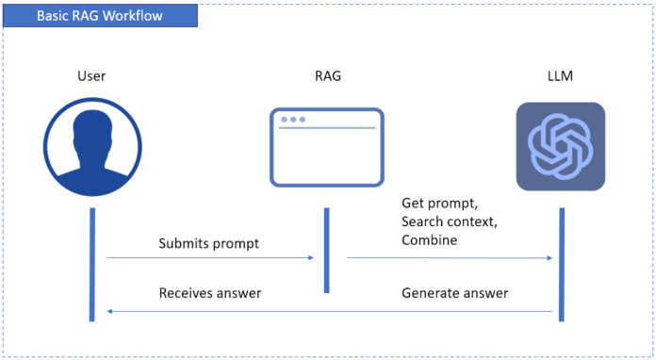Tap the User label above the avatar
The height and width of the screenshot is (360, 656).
coord(92,74)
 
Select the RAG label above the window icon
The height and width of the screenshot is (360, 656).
coord(326,74)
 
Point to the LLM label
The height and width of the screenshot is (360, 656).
coord(560,74)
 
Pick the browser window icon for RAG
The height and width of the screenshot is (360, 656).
coord(326,146)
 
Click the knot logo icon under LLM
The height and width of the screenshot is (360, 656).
coord(560,146)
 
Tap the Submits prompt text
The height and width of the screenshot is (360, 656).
coord(207,243)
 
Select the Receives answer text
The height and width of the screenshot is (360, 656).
coord(209,293)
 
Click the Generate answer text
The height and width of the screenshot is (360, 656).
coord(455,293)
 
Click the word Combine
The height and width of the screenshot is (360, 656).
coord(429,240)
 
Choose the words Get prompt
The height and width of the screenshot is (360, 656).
coord(438,204)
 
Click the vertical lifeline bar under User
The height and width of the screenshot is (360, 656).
coord(92,264)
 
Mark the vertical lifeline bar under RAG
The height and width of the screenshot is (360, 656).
coord(326,250)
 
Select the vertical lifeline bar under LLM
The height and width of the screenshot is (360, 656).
coord(561,264)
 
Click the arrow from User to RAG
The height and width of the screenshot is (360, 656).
coord(207,256)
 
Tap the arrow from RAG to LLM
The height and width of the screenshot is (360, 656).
coord(448,256)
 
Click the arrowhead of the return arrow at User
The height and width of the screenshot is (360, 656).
coord(111,310)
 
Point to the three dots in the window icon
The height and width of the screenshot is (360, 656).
coord(292,120)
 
